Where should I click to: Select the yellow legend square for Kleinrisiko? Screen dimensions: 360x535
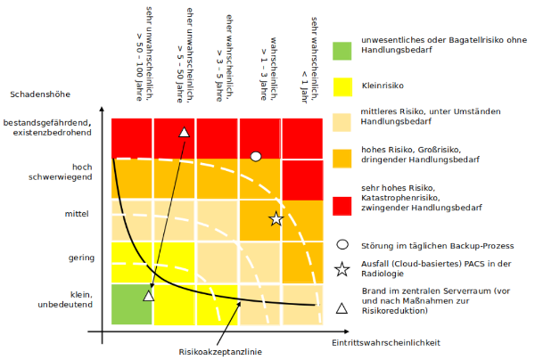pos(343,86)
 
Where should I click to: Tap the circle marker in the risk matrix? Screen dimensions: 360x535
pos(256,156)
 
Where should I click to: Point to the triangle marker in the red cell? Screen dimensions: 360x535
pos(184,133)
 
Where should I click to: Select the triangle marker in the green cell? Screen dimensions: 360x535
pos(149,294)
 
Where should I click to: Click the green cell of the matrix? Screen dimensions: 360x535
pos(132,303)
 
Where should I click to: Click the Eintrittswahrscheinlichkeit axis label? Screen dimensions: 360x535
pos(386,342)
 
